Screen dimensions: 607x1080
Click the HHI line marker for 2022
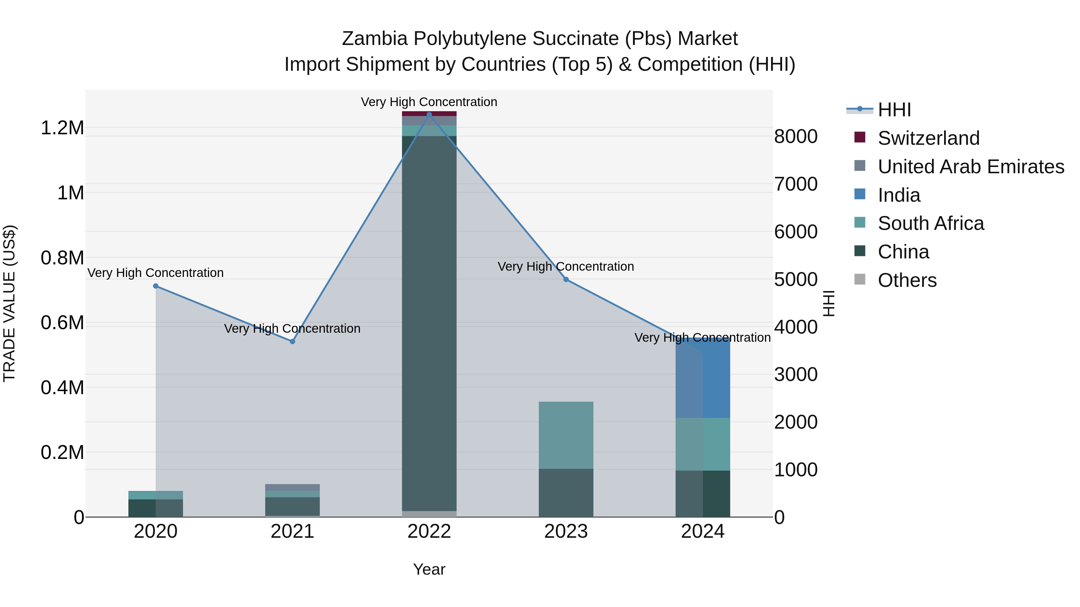tap(429, 115)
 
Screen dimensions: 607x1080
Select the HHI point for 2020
tap(155, 286)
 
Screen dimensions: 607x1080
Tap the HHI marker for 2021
tap(292, 341)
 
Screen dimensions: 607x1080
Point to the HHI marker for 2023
tap(566, 279)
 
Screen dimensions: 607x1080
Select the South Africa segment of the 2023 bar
tap(566, 435)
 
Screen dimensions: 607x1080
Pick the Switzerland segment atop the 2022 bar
tap(429, 114)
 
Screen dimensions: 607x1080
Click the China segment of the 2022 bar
tap(429, 323)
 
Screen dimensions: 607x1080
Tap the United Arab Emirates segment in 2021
tap(292, 487)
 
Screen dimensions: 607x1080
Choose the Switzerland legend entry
tap(928, 138)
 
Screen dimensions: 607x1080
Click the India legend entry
tap(899, 195)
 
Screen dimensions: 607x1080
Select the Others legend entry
tap(907, 280)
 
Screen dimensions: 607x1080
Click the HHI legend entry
tap(894, 110)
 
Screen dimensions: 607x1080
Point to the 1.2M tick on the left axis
tap(62, 128)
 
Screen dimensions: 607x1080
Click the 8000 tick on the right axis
tap(795, 137)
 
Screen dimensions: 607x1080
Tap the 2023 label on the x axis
tap(566, 531)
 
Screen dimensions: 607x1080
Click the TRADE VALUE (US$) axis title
tap(9, 303)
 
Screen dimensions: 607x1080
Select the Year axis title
tap(429, 569)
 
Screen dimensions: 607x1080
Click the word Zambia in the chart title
tap(374, 39)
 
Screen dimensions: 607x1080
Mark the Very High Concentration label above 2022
tap(429, 102)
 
